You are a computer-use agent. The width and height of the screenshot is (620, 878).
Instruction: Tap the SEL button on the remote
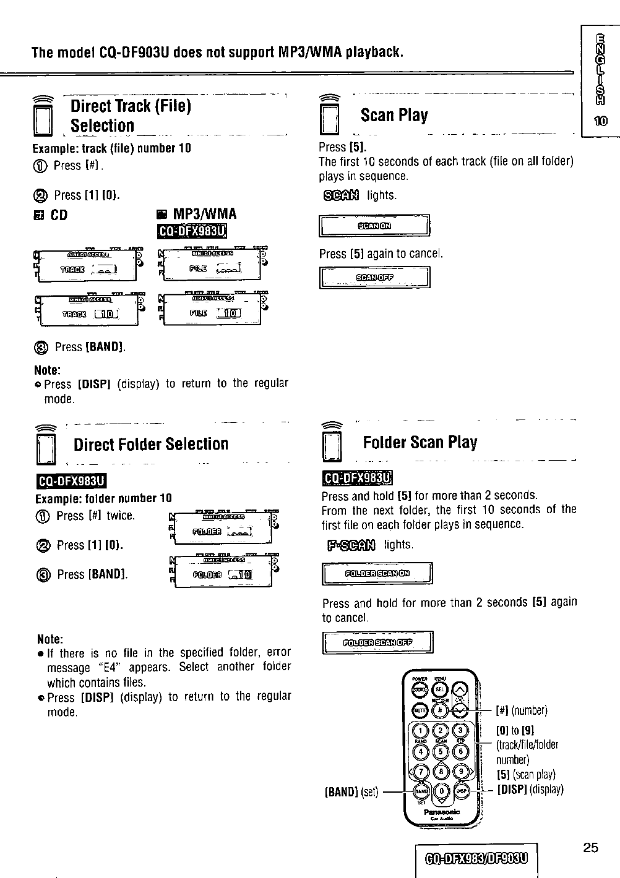point(440,689)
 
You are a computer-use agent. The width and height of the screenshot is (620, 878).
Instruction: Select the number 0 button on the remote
point(441,790)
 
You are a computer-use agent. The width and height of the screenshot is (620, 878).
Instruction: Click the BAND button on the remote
point(421,791)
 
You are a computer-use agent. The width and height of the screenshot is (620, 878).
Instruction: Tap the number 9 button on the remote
point(461,771)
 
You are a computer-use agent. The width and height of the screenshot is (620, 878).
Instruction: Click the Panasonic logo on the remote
point(441,812)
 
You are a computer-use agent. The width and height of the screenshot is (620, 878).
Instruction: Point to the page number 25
point(590,848)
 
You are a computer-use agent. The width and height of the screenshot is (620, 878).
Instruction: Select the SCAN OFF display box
point(374,277)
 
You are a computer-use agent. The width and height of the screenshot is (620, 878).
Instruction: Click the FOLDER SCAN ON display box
point(377,573)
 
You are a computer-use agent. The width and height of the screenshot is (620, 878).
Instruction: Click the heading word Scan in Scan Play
point(378,116)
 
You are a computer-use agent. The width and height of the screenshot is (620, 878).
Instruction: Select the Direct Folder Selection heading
point(151,444)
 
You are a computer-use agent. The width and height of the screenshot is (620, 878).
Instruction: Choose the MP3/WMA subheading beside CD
point(204,215)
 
